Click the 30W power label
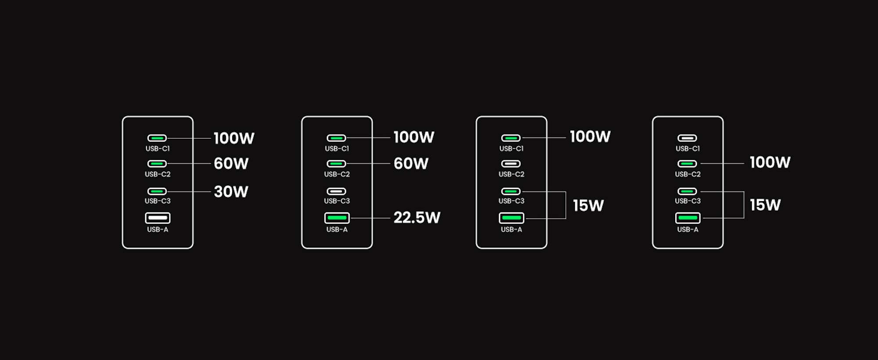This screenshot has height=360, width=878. (231, 192)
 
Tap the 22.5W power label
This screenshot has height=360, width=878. (417, 218)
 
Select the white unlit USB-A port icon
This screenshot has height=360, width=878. (158, 218)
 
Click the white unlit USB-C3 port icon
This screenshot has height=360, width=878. (336, 191)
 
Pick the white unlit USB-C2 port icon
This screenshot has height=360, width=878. (511, 164)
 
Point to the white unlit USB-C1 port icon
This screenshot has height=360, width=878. (687, 138)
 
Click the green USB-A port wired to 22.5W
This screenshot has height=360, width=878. (337, 218)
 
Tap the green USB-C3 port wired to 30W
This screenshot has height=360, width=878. (157, 191)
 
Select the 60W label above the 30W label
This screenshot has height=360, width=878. (231, 164)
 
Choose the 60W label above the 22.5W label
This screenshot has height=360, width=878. (411, 164)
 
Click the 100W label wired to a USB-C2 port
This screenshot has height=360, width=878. (770, 162)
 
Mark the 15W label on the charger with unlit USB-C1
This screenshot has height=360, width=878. (765, 205)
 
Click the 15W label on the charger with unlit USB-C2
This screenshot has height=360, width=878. (588, 205)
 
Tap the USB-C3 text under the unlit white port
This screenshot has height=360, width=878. (337, 201)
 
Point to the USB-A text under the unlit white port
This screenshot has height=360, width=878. (158, 230)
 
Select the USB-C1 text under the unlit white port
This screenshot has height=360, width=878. (687, 149)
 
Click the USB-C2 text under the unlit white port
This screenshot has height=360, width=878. (511, 174)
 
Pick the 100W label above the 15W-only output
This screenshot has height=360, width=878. (590, 137)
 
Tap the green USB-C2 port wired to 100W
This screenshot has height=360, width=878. (687, 164)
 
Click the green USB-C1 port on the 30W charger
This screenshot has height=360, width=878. (157, 138)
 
